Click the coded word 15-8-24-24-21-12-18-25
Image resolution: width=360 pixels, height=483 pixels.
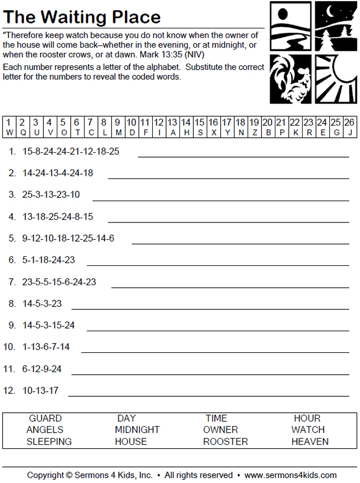point(71,151)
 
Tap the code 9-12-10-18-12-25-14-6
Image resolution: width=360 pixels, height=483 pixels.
point(68,238)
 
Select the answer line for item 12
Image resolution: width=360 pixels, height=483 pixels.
point(208,396)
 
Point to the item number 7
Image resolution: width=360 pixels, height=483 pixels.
point(12,281)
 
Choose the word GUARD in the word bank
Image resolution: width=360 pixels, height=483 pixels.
point(45,418)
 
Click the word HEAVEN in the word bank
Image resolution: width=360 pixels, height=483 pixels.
point(310,442)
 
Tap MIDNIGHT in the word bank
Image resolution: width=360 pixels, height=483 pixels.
point(137,430)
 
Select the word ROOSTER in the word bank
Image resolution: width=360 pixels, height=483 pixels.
point(225,442)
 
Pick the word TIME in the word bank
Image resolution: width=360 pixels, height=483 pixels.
point(216,418)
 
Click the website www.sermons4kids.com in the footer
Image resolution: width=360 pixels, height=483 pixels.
point(290,475)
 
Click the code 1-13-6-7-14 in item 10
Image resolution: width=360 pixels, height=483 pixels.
point(46,347)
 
